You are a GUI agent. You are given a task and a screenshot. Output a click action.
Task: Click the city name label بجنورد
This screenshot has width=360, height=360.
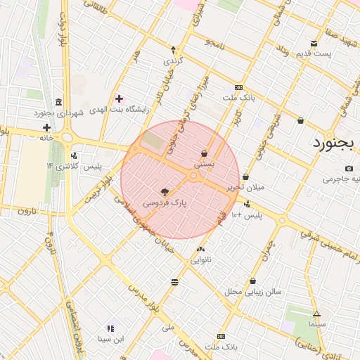click(335, 144)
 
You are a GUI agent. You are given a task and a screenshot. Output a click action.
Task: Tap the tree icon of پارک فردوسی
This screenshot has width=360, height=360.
click(165, 192)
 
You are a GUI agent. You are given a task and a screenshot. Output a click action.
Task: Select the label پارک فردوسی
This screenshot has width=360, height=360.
click(166, 202)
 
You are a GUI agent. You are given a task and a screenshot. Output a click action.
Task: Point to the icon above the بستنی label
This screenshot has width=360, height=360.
click(204, 153)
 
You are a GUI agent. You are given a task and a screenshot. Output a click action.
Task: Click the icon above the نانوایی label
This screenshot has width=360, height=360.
click(202, 249)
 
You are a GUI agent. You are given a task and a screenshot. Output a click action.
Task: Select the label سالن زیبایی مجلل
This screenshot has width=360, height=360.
click(253, 290)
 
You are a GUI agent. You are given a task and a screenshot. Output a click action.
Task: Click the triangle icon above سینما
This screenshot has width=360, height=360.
click(316, 314)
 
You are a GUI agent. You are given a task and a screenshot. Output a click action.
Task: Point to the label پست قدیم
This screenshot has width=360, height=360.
click(313, 53)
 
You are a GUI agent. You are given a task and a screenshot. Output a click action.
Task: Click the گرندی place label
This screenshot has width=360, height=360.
click(173, 60)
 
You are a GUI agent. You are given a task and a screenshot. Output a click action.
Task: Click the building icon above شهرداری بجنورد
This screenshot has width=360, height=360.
click(57, 101)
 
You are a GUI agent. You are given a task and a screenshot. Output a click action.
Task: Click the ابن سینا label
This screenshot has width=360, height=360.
click(111, 339)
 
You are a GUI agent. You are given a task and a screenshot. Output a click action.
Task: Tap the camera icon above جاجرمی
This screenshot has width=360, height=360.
click(349, 169)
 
